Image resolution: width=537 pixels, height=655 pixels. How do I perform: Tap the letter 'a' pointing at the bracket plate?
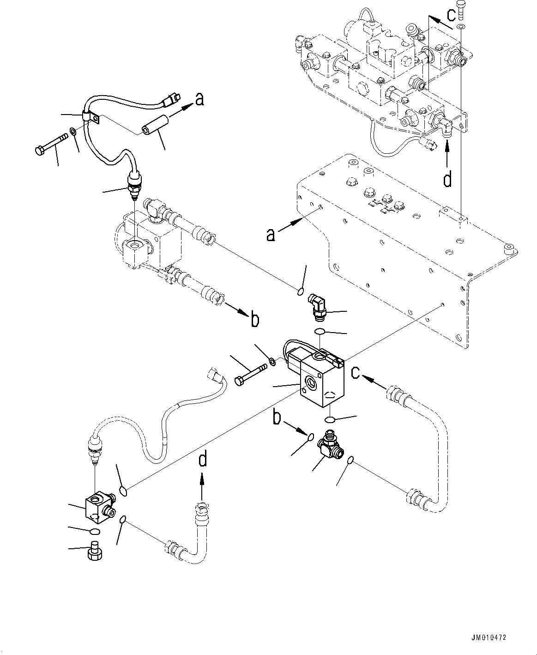pos(271,235)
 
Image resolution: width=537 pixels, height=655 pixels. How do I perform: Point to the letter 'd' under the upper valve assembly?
pos(447,179)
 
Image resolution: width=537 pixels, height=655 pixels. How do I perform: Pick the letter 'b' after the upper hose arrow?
pos(254,319)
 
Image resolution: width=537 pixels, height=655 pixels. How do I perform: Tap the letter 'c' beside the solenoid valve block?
pos(356,372)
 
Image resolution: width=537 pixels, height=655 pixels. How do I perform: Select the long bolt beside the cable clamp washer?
pos(51,143)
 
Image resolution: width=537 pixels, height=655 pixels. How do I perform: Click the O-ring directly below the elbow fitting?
pos(319,331)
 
